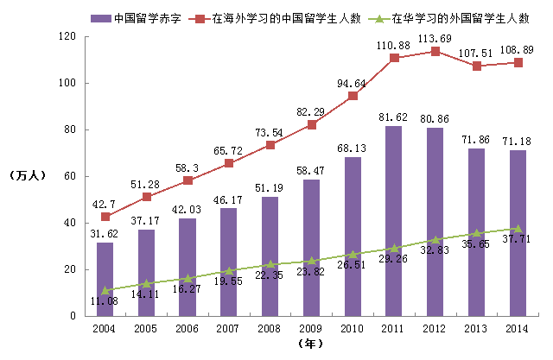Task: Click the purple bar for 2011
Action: tap(394, 221)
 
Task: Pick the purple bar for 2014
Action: tap(518, 233)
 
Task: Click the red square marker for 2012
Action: tap(435, 51)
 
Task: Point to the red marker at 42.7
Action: tap(105, 216)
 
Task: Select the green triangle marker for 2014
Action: tap(518, 229)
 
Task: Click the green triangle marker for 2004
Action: tap(105, 291)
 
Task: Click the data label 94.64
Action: tap(352, 84)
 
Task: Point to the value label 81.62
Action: tap(394, 117)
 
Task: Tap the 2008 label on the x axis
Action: tap(270, 329)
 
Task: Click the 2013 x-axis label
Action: tap(476, 329)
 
